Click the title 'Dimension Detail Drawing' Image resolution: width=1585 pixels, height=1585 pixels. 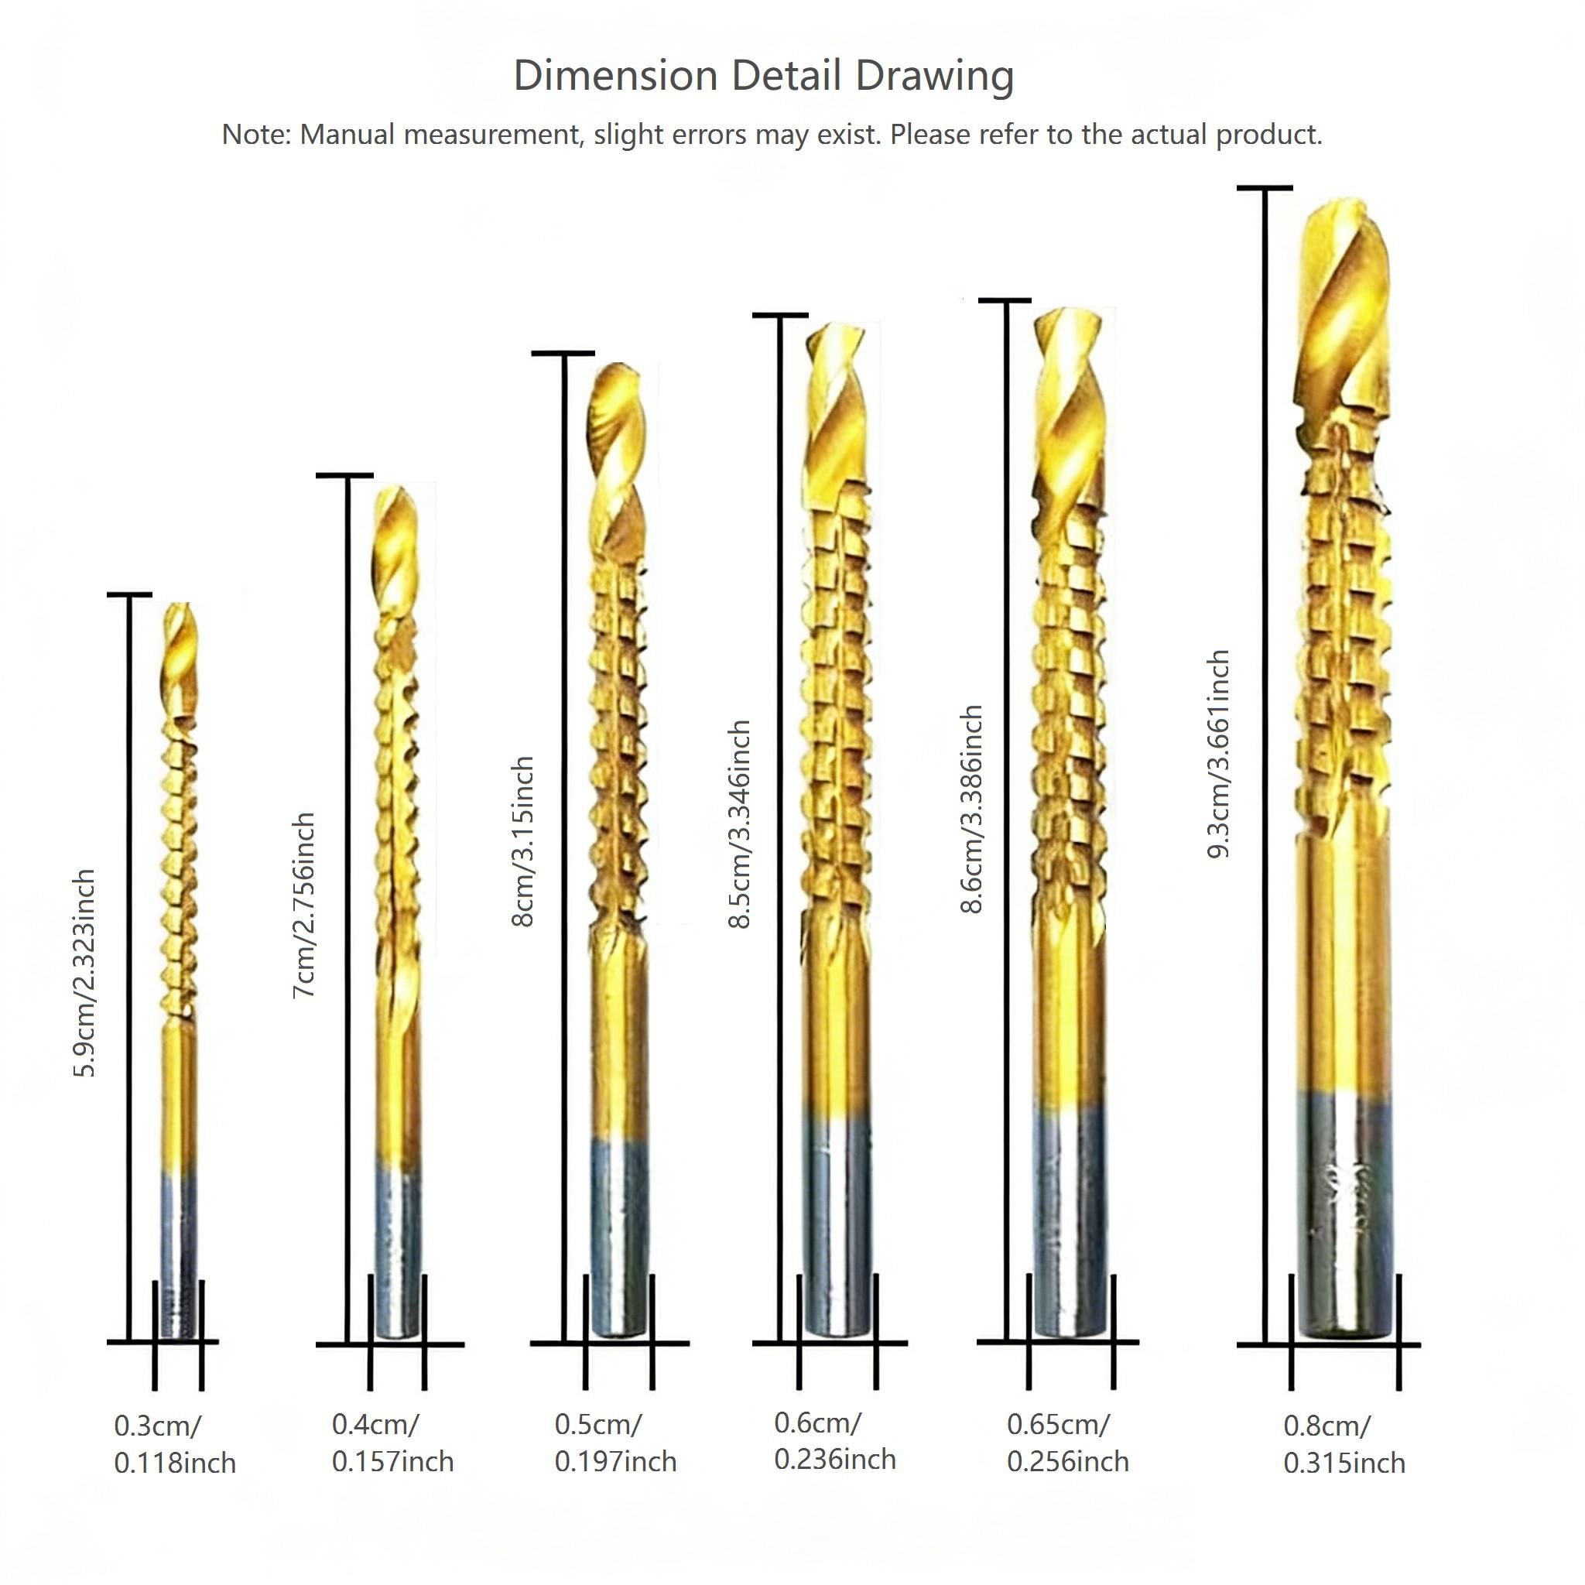tap(763, 76)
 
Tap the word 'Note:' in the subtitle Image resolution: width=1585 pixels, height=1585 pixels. tap(256, 135)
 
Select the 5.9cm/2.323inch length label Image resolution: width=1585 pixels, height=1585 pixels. tap(85, 973)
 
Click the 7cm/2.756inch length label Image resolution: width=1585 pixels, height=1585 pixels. tap(304, 905)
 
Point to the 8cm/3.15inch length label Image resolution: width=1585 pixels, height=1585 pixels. tap(523, 841)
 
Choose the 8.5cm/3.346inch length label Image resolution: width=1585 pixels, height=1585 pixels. tap(740, 823)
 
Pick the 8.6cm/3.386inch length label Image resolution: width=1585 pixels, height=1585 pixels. tap(971, 808)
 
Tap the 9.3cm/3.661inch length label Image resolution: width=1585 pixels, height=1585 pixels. tap(1219, 754)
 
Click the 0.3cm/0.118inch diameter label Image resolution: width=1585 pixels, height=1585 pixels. tap(175, 1445)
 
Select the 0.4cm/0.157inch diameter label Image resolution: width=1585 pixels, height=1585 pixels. tap(392, 1443)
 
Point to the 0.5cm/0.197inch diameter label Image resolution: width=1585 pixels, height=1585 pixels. tap(615, 1443)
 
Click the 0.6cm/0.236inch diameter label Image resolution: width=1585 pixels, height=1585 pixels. tap(834, 1441)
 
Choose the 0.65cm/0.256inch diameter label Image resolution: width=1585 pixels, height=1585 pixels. tap(1067, 1443)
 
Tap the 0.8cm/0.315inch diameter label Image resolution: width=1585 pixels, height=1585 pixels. tap(1344, 1445)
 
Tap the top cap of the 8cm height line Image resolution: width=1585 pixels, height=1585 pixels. tap(563, 354)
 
